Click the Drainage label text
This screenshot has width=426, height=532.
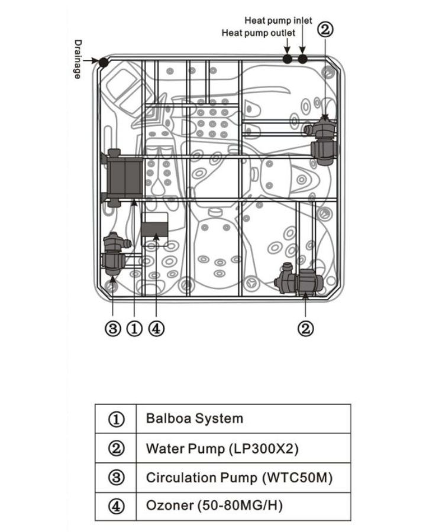point(78,59)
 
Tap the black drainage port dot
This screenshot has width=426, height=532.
point(104,63)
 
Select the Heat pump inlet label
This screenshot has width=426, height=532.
point(278,21)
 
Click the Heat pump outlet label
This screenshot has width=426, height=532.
point(259,33)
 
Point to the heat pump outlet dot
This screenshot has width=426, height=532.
point(288,59)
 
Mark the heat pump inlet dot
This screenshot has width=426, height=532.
point(303,59)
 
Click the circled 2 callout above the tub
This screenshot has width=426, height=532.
point(325,30)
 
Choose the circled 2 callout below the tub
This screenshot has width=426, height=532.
point(305,328)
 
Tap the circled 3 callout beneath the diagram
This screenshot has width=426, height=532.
point(113,329)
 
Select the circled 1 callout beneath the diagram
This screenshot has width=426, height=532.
point(134,329)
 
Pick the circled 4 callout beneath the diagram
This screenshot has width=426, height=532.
point(156,329)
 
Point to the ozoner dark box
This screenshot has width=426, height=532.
point(155,230)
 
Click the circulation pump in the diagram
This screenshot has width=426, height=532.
point(115,254)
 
